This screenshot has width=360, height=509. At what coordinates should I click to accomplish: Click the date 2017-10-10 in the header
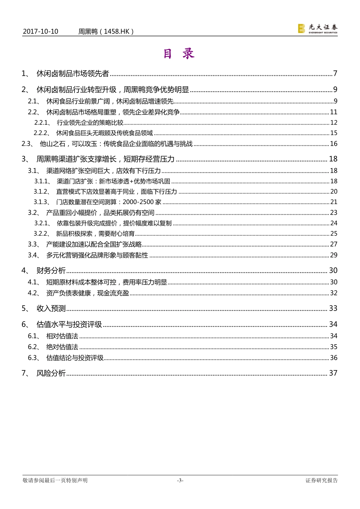coord(41,31)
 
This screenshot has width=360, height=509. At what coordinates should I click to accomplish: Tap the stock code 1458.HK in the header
coord(117,31)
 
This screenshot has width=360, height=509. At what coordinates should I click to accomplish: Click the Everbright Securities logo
coord(318,28)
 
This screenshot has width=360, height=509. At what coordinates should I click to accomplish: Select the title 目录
coord(179,54)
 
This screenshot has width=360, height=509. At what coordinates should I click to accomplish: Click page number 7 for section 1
coord(335,73)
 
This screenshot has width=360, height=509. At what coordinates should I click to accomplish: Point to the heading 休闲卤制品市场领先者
coord(73,73)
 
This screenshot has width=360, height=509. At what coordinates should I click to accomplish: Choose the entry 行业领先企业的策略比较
coord(90,122)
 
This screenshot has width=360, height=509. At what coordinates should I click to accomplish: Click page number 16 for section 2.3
coord(333,144)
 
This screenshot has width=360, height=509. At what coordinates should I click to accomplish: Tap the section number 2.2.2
coord(42,133)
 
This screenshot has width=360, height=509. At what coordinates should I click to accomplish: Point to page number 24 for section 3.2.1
coord(333,223)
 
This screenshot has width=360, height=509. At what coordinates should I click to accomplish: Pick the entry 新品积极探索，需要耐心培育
coord(95,234)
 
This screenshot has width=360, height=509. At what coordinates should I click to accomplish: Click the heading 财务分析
coord(51,270)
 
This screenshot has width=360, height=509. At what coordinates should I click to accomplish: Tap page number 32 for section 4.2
coord(333,293)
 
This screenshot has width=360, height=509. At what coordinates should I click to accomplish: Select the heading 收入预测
coord(51,308)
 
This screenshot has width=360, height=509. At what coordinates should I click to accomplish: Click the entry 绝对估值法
coord(62,347)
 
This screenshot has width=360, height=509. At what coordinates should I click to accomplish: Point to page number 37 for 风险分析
coord(333,373)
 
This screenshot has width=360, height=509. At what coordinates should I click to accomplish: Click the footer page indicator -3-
coord(180,480)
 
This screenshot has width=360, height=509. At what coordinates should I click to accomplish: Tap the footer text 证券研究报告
coord(321,480)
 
